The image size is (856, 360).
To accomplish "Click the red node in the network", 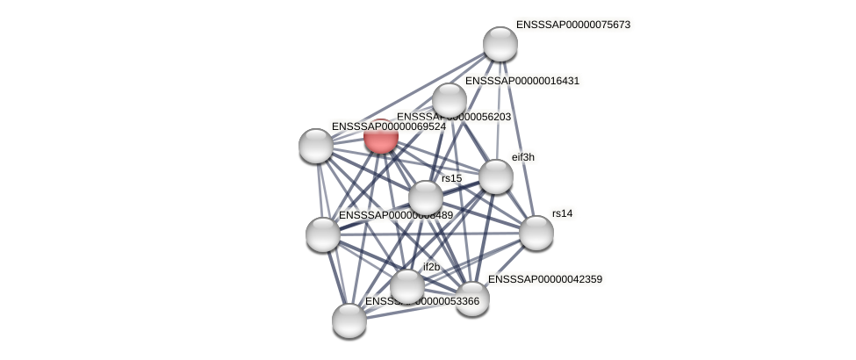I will point(381,137).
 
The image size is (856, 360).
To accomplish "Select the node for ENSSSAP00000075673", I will point(500,44).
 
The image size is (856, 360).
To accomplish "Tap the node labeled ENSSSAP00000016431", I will point(450,100).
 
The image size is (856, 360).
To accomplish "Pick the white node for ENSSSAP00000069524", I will point(316,146).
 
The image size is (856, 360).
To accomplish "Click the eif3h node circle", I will point(496,176).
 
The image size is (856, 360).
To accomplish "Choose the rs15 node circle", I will point(426,198).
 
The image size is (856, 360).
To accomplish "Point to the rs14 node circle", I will point(536,233).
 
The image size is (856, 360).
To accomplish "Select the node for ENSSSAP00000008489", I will point(323,234).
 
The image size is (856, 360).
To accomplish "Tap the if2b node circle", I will point(407,286).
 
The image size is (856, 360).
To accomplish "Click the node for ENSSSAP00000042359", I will point(472,299).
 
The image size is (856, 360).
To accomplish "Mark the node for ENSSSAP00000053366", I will point(349,320).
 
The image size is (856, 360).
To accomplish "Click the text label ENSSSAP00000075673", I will point(572,25).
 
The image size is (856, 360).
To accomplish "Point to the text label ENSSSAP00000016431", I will point(522,81).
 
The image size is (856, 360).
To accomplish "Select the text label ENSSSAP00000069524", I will point(388,126).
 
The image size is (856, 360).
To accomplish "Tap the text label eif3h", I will point(523,157).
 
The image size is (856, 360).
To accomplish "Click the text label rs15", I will point(451,178).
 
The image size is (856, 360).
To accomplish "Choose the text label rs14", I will point(562,213).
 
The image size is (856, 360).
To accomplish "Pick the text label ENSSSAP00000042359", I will point(544,279).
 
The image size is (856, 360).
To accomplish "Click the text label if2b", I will point(431,267).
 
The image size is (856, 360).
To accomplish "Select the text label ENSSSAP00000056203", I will point(453,117).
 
